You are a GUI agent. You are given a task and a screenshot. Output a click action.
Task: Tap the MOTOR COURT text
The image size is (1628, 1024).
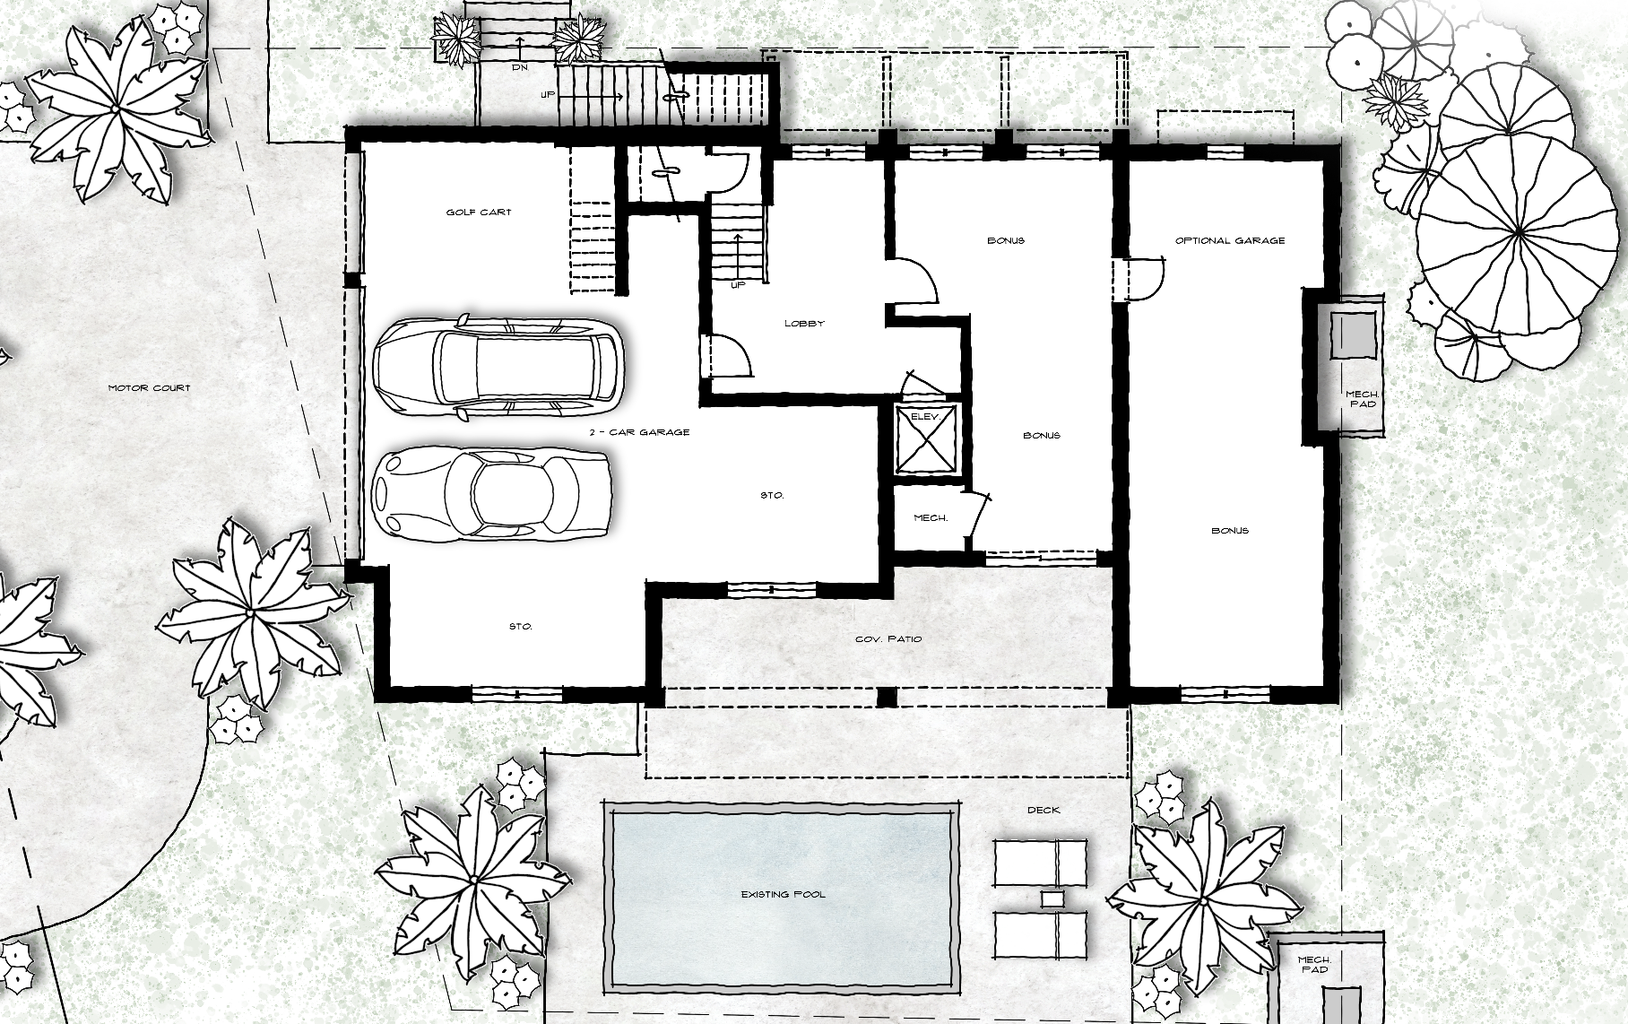(x=149, y=388)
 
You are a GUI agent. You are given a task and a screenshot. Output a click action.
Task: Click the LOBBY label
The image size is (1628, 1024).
(x=803, y=324)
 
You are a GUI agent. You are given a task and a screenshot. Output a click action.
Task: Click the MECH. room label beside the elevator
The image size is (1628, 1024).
(x=931, y=518)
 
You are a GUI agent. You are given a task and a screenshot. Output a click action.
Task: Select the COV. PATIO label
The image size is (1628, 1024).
(x=888, y=639)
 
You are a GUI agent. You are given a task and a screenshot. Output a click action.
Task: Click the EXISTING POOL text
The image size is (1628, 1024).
(x=783, y=895)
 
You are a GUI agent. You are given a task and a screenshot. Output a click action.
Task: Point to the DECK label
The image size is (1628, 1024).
(x=1043, y=811)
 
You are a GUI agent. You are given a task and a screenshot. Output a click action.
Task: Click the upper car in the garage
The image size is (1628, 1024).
(x=497, y=366)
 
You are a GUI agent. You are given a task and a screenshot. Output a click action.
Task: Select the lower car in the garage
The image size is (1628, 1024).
(x=491, y=493)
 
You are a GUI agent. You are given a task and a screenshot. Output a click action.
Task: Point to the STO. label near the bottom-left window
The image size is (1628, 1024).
(x=521, y=626)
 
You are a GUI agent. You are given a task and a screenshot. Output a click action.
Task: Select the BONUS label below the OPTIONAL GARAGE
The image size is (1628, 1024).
(x=1230, y=531)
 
